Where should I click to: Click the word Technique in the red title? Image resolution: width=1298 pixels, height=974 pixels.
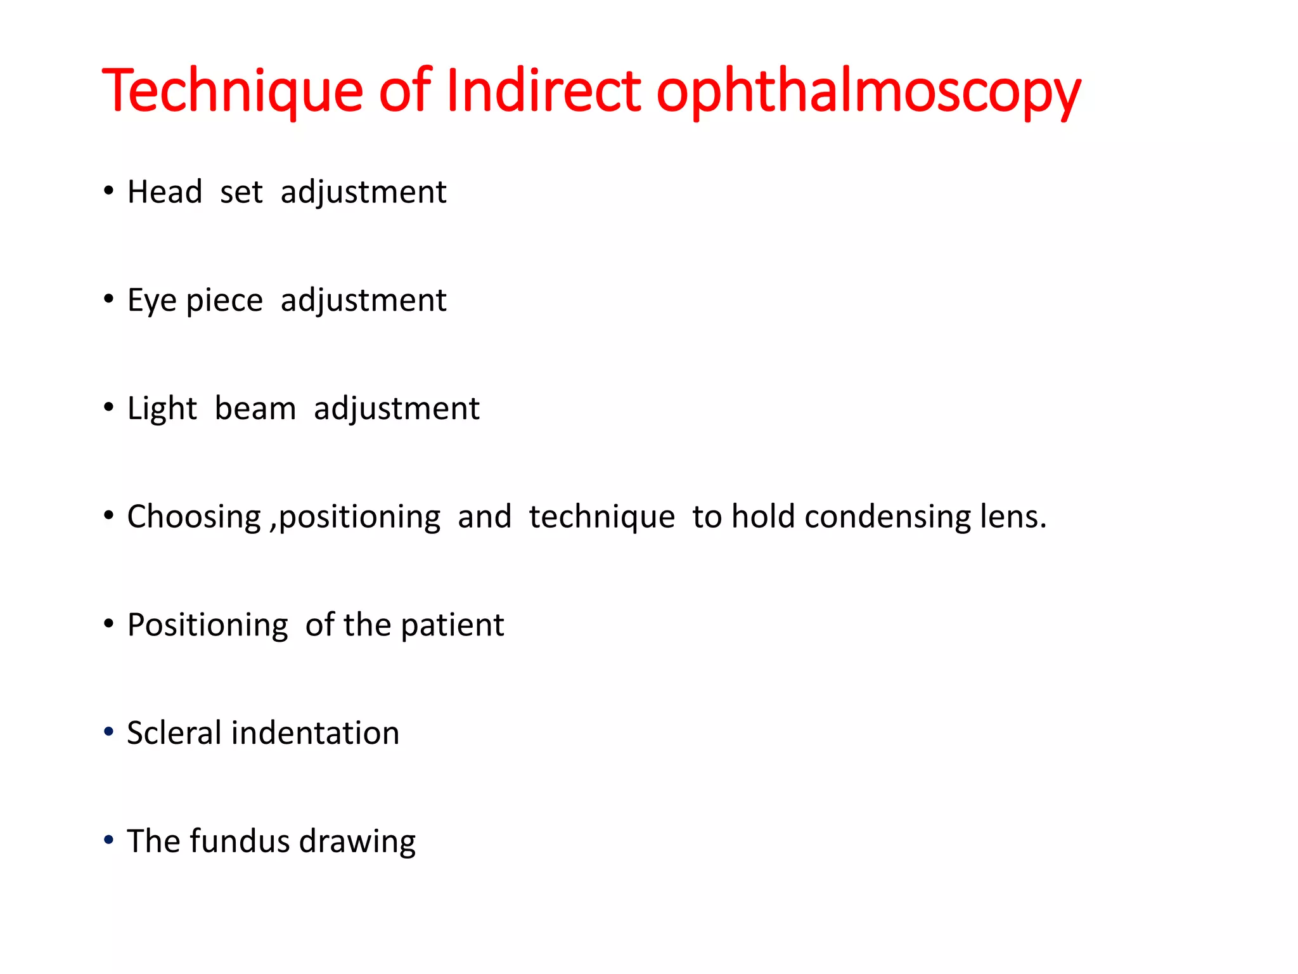pos(232,91)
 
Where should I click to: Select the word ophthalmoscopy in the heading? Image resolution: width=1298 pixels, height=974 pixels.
pos(868,93)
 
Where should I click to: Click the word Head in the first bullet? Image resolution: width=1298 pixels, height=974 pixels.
pos(165,192)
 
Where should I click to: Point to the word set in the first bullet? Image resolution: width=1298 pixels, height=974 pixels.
pos(241,192)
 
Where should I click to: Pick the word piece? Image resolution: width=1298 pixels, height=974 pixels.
pos(224,301)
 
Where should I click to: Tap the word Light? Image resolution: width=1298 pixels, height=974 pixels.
pos(162,409)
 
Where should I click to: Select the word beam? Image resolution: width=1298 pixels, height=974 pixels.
pos(255,408)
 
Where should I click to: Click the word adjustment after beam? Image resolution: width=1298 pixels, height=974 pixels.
pos(397,409)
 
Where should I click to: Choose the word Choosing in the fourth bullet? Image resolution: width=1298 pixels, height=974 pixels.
pos(194,517)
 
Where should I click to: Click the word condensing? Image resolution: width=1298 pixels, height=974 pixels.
pos(887,517)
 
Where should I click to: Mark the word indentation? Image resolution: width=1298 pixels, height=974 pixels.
pos(316,733)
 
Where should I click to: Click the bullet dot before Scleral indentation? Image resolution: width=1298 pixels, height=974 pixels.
pos(109,732)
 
